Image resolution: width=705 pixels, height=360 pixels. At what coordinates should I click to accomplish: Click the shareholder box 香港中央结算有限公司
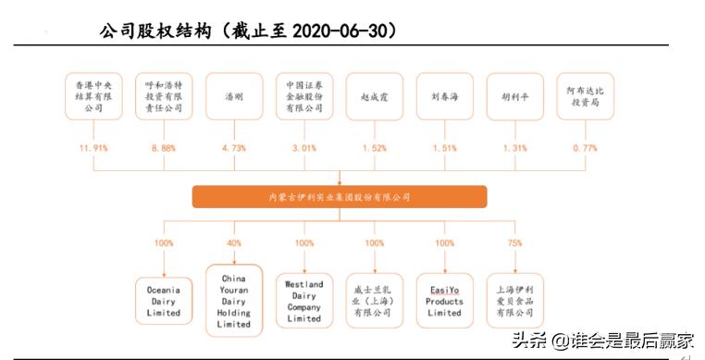(93, 95)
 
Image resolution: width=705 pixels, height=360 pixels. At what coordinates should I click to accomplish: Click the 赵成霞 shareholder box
(374, 95)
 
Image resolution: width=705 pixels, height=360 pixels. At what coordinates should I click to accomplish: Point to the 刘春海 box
(444, 95)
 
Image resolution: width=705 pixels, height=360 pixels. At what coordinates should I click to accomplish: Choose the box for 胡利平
(514, 95)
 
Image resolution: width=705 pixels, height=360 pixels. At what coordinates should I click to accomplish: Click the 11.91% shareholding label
(93, 148)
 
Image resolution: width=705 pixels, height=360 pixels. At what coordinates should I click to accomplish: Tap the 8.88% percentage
(163, 148)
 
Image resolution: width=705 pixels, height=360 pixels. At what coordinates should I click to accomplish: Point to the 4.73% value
(233, 148)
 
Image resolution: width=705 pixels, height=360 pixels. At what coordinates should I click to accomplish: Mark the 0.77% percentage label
(585, 148)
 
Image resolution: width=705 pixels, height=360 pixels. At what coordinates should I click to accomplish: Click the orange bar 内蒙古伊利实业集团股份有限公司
(340, 197)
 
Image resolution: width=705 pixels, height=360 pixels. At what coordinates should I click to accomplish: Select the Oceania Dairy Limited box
(163, 300)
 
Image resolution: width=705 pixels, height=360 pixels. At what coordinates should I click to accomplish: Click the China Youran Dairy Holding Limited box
(233, 300)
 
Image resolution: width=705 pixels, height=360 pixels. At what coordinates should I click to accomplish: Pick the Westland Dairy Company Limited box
(303, 300)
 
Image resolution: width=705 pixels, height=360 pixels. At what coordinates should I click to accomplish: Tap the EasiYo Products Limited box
(444, 300)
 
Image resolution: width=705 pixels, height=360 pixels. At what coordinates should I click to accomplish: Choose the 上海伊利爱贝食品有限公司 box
(514, 300)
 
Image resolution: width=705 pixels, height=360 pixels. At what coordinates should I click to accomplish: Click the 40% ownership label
(233, 243)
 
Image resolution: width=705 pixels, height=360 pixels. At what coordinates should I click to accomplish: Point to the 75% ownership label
(514, 243)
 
